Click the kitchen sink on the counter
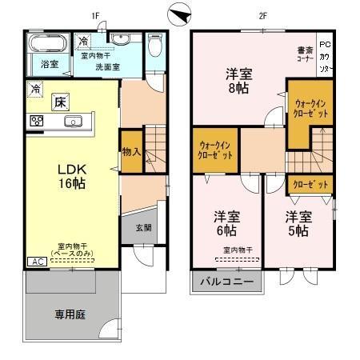(x=72, y=122)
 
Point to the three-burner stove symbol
(x=36, y=122)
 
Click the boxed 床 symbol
(x=60, y=102)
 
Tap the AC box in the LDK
(x=37, y=262)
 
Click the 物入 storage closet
(x=131, y=152)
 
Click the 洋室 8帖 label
(x=238, y=81)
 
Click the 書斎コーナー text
(x=304, y=53)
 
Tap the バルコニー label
(x=226, y=282)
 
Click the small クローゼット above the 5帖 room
(x=311, y=184)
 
